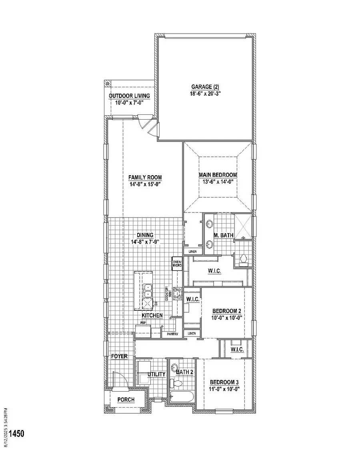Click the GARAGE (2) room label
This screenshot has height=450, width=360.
coord(205,86)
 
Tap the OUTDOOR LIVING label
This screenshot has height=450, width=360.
coord(130,96)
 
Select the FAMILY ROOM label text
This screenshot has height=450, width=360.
coord(145,178)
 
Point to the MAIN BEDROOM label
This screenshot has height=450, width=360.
coord(218,175)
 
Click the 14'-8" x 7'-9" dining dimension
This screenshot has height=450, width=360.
coord(145,242)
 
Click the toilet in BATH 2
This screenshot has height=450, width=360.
coord(176,384)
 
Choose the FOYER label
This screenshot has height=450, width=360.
coord(119,356)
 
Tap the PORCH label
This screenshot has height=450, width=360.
coord(126,400)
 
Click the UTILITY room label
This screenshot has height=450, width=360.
coord(156,374)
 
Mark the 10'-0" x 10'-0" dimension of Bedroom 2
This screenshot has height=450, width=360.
coord(226,318)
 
